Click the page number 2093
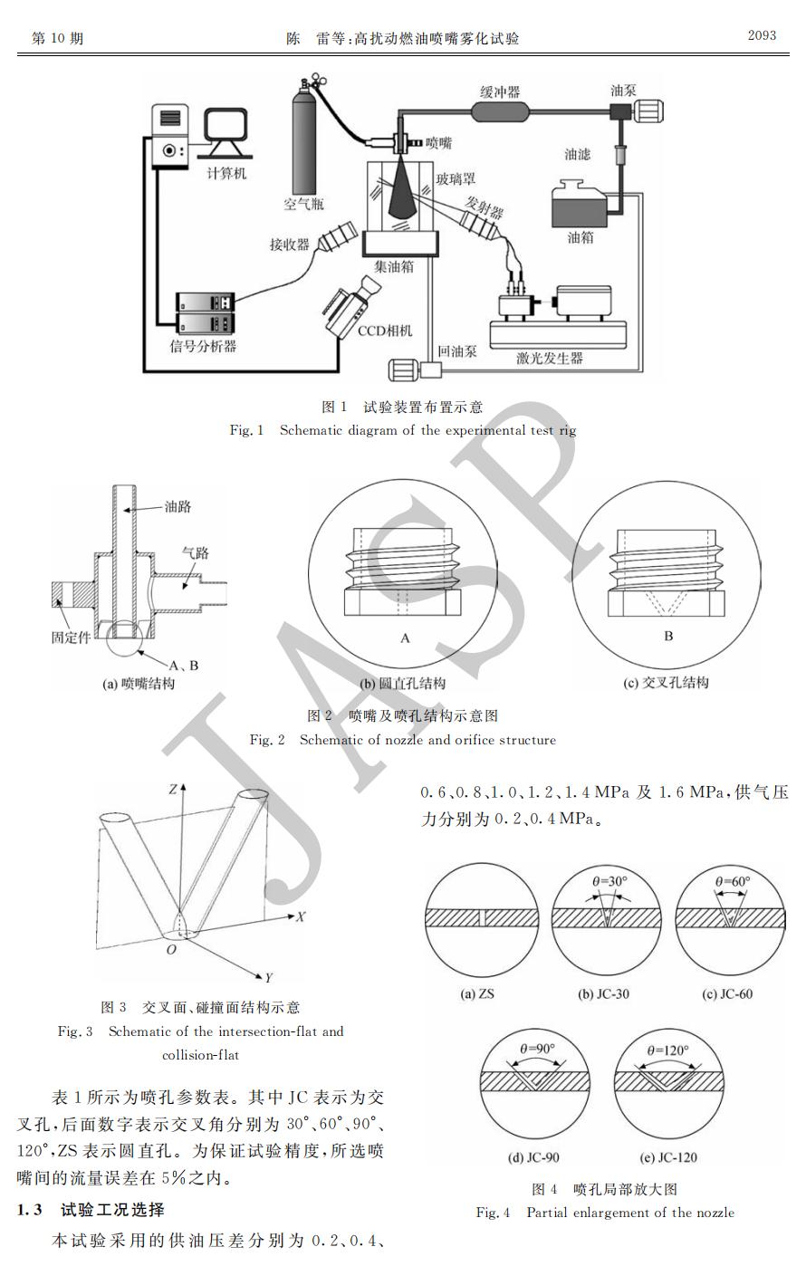point(762,35)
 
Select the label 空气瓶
point(303,204)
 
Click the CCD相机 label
point(385,331)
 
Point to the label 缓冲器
point(500,91)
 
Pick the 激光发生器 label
point(550,358)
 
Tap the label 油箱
point(581,237)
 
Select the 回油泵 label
point(457,351)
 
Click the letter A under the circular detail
point(405,638)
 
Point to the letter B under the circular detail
point(668,637)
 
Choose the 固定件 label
point(71,638)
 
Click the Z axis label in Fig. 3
point(174,789)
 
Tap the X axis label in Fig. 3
point(301,916)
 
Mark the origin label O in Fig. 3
point(171,950)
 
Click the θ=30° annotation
point(609,881)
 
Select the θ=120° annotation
point(668,1050)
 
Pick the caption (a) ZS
point(477,993)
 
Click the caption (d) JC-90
point(533,1157)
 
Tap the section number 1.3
point(29,1210)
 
